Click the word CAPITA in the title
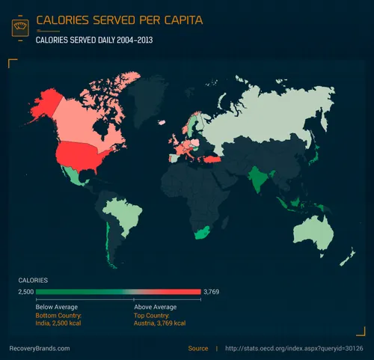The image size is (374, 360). (x=177, y=18)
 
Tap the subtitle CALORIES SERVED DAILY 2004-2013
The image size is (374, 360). (x=94, y=40)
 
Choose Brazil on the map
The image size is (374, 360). (x=124, y=213)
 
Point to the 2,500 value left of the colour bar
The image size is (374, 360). (x=26, y=292)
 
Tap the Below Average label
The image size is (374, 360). (x=57, y=307)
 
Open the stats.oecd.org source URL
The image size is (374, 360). (x=294, y=348)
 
